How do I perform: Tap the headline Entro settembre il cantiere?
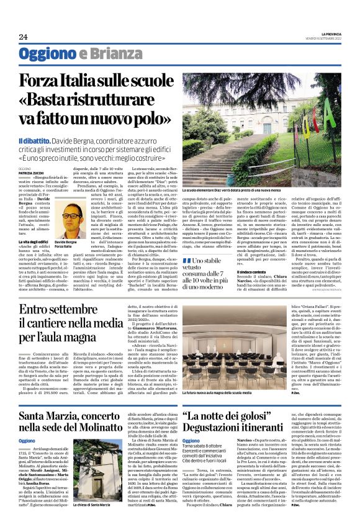pyautogui.click(x=71, y=323)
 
